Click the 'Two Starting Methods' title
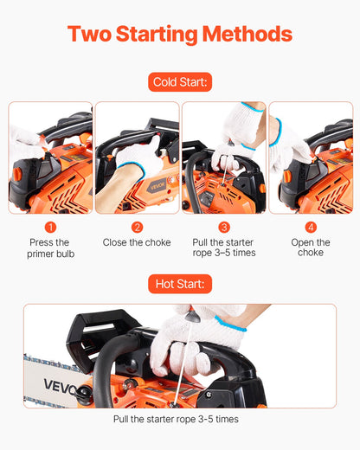(x=179, y=35)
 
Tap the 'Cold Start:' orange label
(x=180, y=83)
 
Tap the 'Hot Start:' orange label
(x=180, y=283)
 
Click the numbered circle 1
(x=49, y=227)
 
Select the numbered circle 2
(x=137, y=227)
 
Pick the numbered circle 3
(x=223, y=227)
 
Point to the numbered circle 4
(x=311, y=227)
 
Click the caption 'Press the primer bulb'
(x=49, y=247)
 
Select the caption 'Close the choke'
(x=137, y=243)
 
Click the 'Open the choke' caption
(x=311, y=247)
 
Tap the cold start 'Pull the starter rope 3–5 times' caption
(x=223, y=247)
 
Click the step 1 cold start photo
(x=49, y=157)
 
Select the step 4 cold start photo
(x=311, y=157)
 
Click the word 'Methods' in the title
(x=247, y=35)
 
